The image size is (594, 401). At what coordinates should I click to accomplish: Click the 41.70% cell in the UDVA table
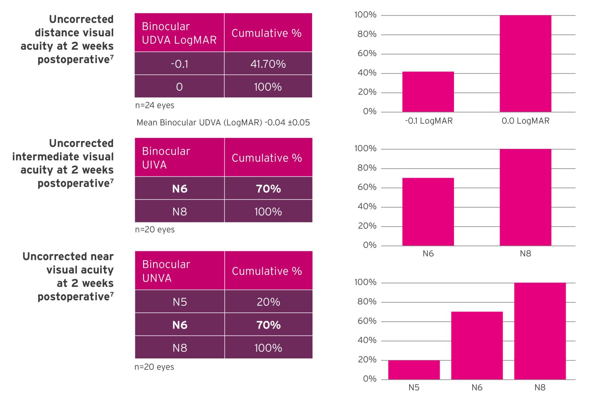tap(268, 64)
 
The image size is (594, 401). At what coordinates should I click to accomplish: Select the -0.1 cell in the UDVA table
tap(179, 64)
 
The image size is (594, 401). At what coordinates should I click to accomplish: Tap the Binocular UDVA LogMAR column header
tap(179, 33)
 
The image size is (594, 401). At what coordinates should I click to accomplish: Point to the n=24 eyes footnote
tap(155, 105)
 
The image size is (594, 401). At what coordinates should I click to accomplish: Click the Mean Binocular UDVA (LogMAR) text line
tap(223, 123)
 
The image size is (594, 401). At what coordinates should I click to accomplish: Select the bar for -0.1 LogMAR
tap(428, 92)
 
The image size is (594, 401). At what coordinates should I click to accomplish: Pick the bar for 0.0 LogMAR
tap(525, 64)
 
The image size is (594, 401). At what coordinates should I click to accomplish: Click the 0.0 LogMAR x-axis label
tap(525, 121)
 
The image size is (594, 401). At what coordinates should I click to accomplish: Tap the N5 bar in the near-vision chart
tap(414, 370)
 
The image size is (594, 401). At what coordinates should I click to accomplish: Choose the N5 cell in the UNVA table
tap(179, 302)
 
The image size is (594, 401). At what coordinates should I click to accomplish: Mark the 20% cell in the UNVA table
tap(268, 302)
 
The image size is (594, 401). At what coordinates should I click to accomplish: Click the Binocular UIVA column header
tap(179, 158)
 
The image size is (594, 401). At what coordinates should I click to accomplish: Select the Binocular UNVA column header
tap(179, 271)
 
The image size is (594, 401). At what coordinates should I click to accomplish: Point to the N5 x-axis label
tap(414, 387)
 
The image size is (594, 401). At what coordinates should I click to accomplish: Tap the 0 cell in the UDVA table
tap(179, 87)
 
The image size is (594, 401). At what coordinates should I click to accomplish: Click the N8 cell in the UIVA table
tap(179, 212)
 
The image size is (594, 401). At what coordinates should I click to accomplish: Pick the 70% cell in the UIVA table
tap(268, 189)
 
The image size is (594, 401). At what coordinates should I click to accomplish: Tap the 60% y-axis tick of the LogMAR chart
tap(367, 53)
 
